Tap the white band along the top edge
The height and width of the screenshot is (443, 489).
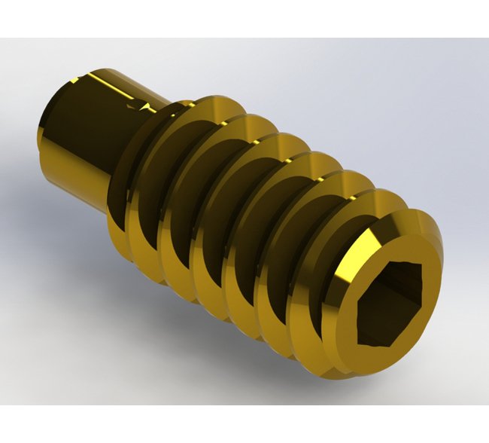244,19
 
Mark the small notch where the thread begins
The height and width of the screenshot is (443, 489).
139,112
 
